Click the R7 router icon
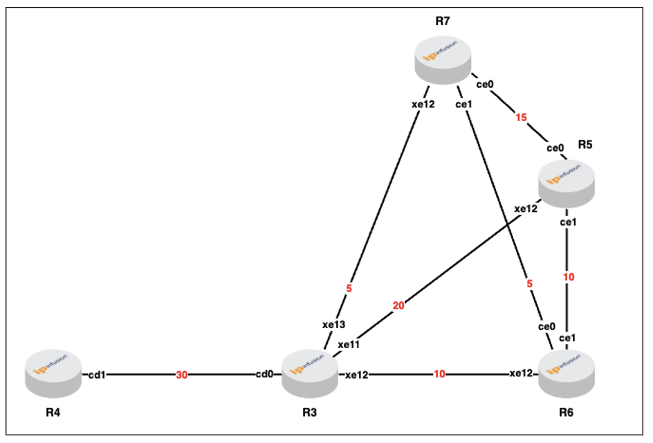[x=443, y=60]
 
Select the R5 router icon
[x=567, y=184]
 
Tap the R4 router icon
[x=53, y=374]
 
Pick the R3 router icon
[x=310, y=374]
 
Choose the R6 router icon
[x=567, y=374]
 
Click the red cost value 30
[x=181, y=375]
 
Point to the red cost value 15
[x=521, y=118]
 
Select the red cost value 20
[x=398, y=306]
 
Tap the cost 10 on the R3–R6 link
[x=439, y=374]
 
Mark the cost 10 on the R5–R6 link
[x=569, y=277]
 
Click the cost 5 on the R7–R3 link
[x=349, y=289]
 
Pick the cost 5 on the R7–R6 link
[x=529, y=284]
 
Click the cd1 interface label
[x=97, y=375]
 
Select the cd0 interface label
[x=264, y=374]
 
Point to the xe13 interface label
[x=333, y=325]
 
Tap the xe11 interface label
[x=349, y=345]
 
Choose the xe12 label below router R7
[x=423, y=105]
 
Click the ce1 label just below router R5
[x=569, y=222]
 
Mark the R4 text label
[x=53, y=413]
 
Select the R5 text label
[x=585, y=145]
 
